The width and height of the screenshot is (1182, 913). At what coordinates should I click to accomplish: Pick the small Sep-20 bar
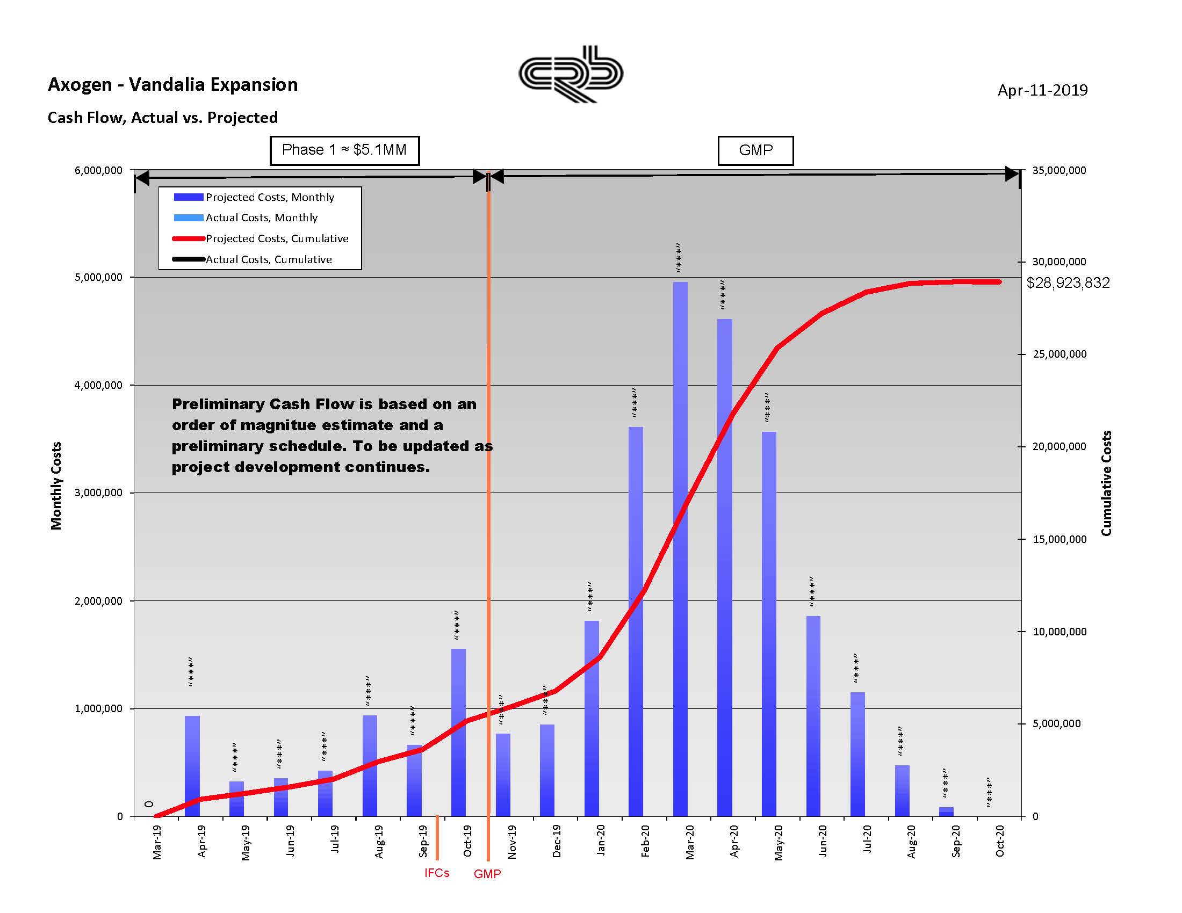point(946,812)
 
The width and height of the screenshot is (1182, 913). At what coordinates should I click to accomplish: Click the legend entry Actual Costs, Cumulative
point(269,259)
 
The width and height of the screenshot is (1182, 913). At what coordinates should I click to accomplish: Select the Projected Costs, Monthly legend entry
point(270,198)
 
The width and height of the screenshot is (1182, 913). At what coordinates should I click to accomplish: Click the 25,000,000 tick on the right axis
point(1058,354)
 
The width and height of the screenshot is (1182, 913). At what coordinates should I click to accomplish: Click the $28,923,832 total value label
point(1068,283)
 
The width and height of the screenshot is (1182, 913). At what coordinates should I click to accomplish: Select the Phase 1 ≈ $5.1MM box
point(344,150)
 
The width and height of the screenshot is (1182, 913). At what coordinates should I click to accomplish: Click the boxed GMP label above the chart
point(755,150)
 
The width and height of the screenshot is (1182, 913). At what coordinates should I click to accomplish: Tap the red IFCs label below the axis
point(437,873)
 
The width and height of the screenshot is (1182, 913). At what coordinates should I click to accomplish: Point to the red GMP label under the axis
point(487,874)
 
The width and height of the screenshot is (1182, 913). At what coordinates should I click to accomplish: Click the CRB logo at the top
point(571,74)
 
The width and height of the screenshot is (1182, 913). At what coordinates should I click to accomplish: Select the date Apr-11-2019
point(1042,90)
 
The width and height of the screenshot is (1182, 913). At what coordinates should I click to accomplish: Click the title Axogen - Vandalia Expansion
point(172,85)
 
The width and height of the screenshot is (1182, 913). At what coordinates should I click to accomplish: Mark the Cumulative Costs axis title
point(1106,483)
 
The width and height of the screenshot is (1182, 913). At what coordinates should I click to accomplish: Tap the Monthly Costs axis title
point(56,485)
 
